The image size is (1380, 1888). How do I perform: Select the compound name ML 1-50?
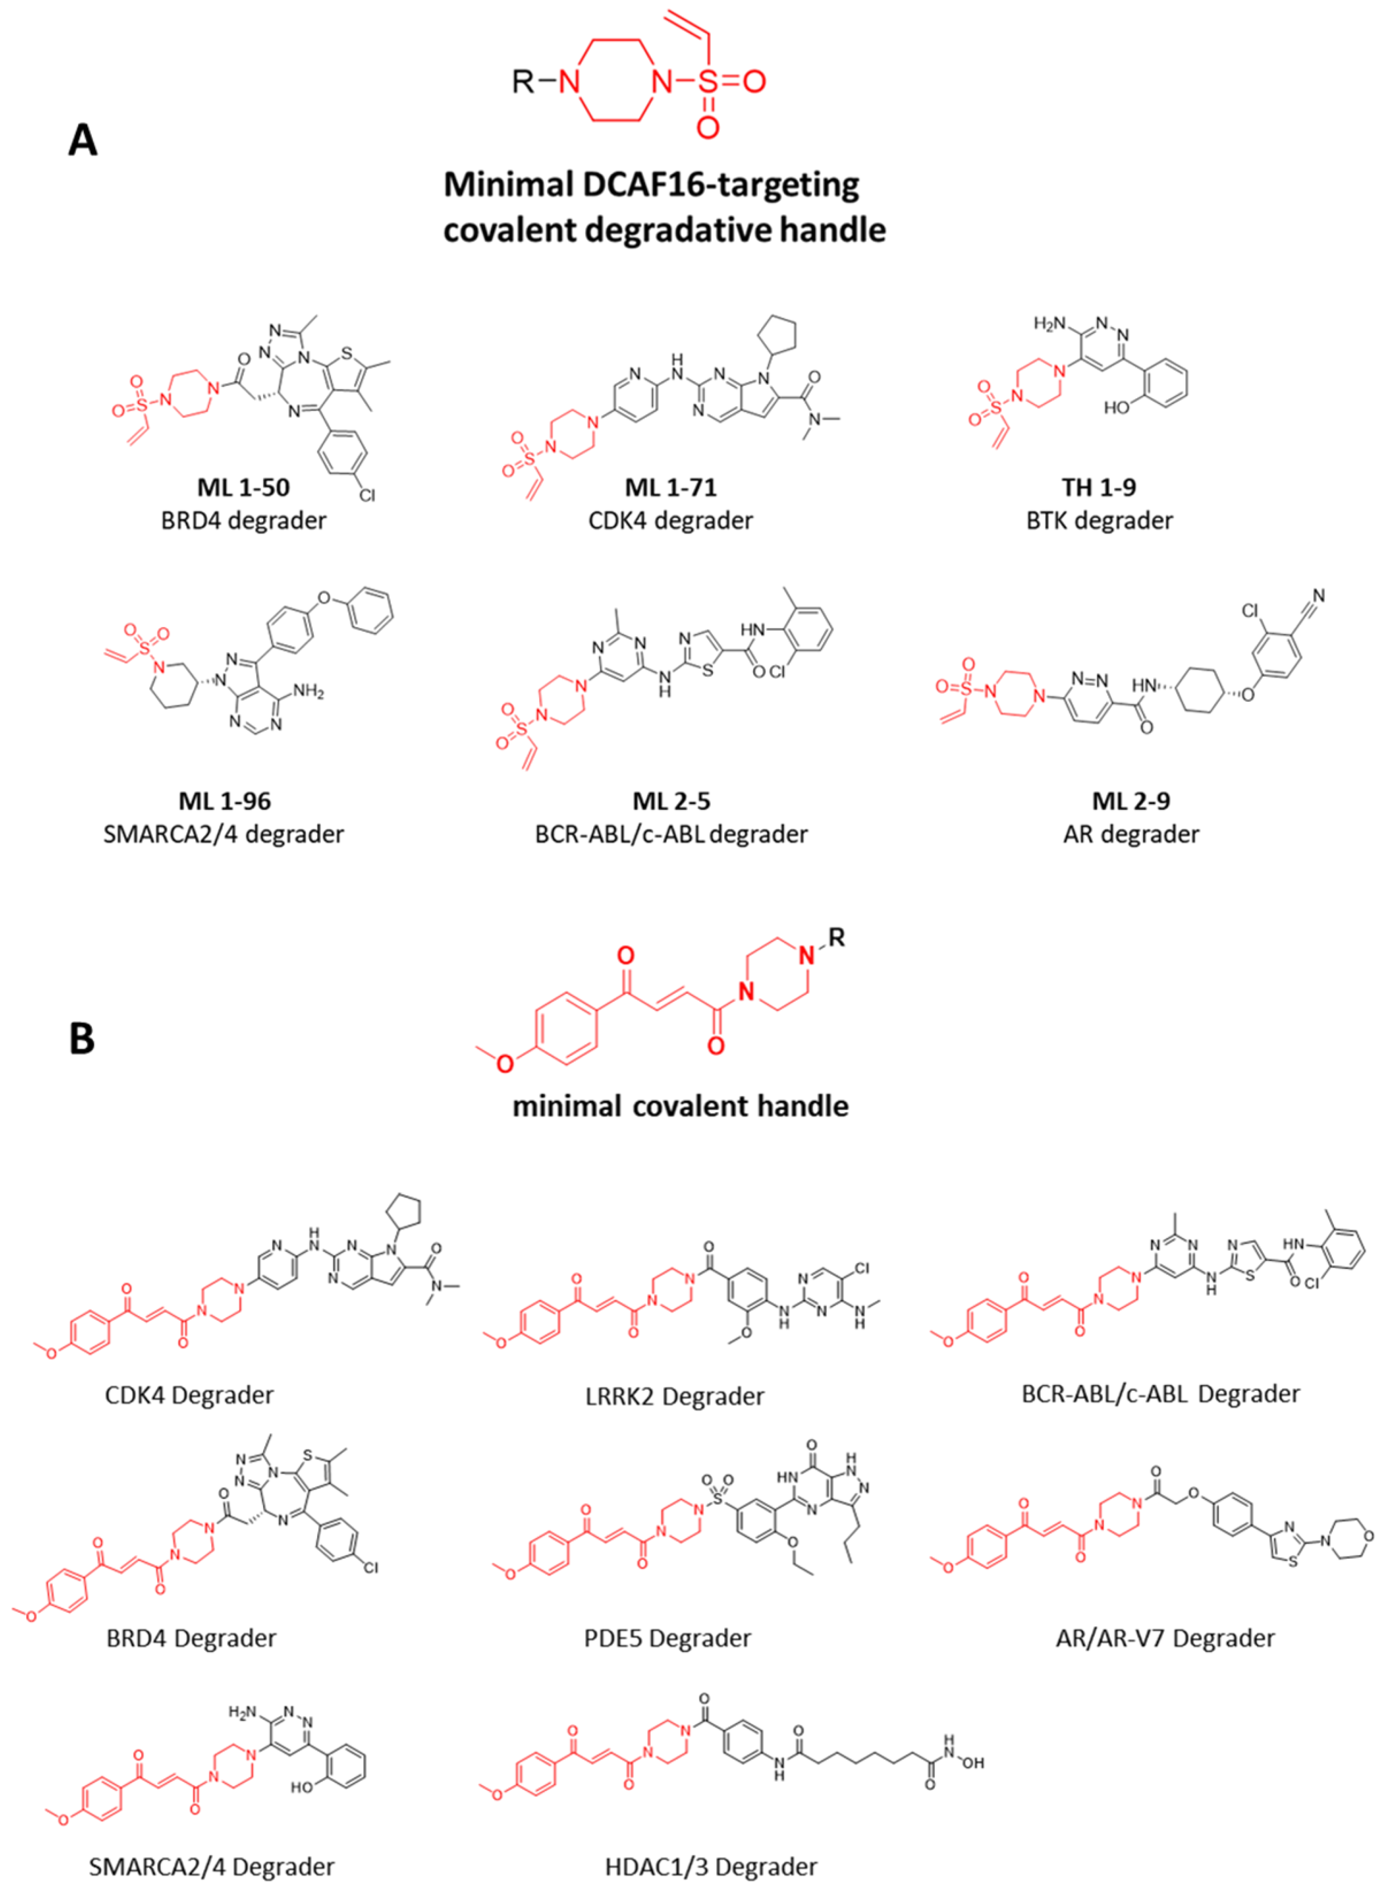(x=243, y=487)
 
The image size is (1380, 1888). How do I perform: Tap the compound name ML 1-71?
(x=671, y=487)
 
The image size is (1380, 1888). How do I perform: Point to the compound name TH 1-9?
(x=1099, y=487)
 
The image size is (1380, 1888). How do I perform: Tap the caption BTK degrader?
(x=1099, y=521)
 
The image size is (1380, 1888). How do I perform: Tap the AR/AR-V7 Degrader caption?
(x=1165, y=1638)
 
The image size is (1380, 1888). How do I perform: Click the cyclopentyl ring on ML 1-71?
(x=777, y=334)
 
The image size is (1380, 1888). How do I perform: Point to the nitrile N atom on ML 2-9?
(x=1318, y=596)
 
